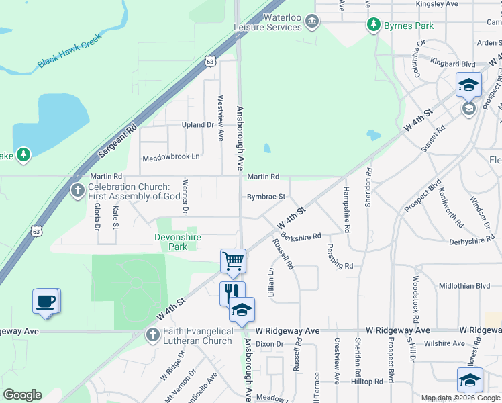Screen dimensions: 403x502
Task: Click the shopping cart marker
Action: (233, 260)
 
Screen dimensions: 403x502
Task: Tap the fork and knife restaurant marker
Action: (228, 292)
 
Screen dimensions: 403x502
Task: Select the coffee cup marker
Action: (46, 300)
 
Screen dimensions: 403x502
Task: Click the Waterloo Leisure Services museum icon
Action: (311, 22)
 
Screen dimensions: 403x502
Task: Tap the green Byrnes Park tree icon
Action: (374, 26)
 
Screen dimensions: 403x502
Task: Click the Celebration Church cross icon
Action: (78, 191)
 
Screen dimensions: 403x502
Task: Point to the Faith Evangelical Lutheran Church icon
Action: (154, 334)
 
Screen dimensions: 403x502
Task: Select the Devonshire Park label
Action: (177, 242)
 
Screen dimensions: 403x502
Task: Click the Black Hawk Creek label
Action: (68, 52)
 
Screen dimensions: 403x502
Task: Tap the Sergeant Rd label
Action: (117, 140)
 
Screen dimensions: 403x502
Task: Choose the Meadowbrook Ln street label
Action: (171, 158)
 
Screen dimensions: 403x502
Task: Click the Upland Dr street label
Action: (197, 126)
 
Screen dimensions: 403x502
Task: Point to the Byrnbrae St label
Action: (266, 197)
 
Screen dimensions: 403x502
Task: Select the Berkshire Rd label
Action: (301, 236)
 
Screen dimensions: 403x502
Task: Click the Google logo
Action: (22, 395)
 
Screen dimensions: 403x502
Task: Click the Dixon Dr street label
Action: (270, 344)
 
